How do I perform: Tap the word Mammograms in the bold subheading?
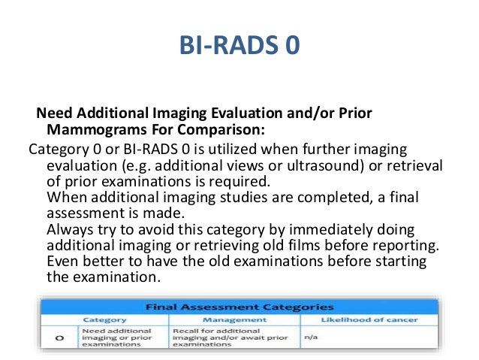pyautogui.click(x=85, y=129)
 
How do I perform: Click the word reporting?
pyautogui.click(x=406, y=246)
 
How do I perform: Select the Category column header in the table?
pyautogui.click(x=104, y=319)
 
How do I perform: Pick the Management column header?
pyautogui.click(x=234, y=319)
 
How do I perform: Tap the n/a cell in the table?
pyautogui.click(x=311, y=337)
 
